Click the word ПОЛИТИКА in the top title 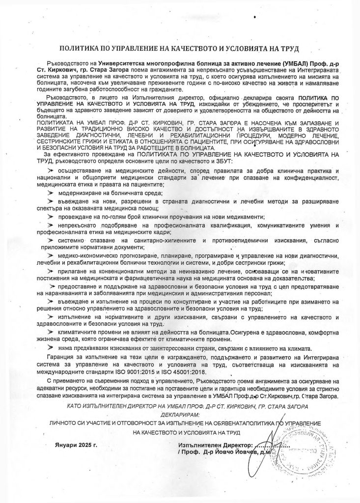(83, 49)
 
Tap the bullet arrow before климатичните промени (50, 334)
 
